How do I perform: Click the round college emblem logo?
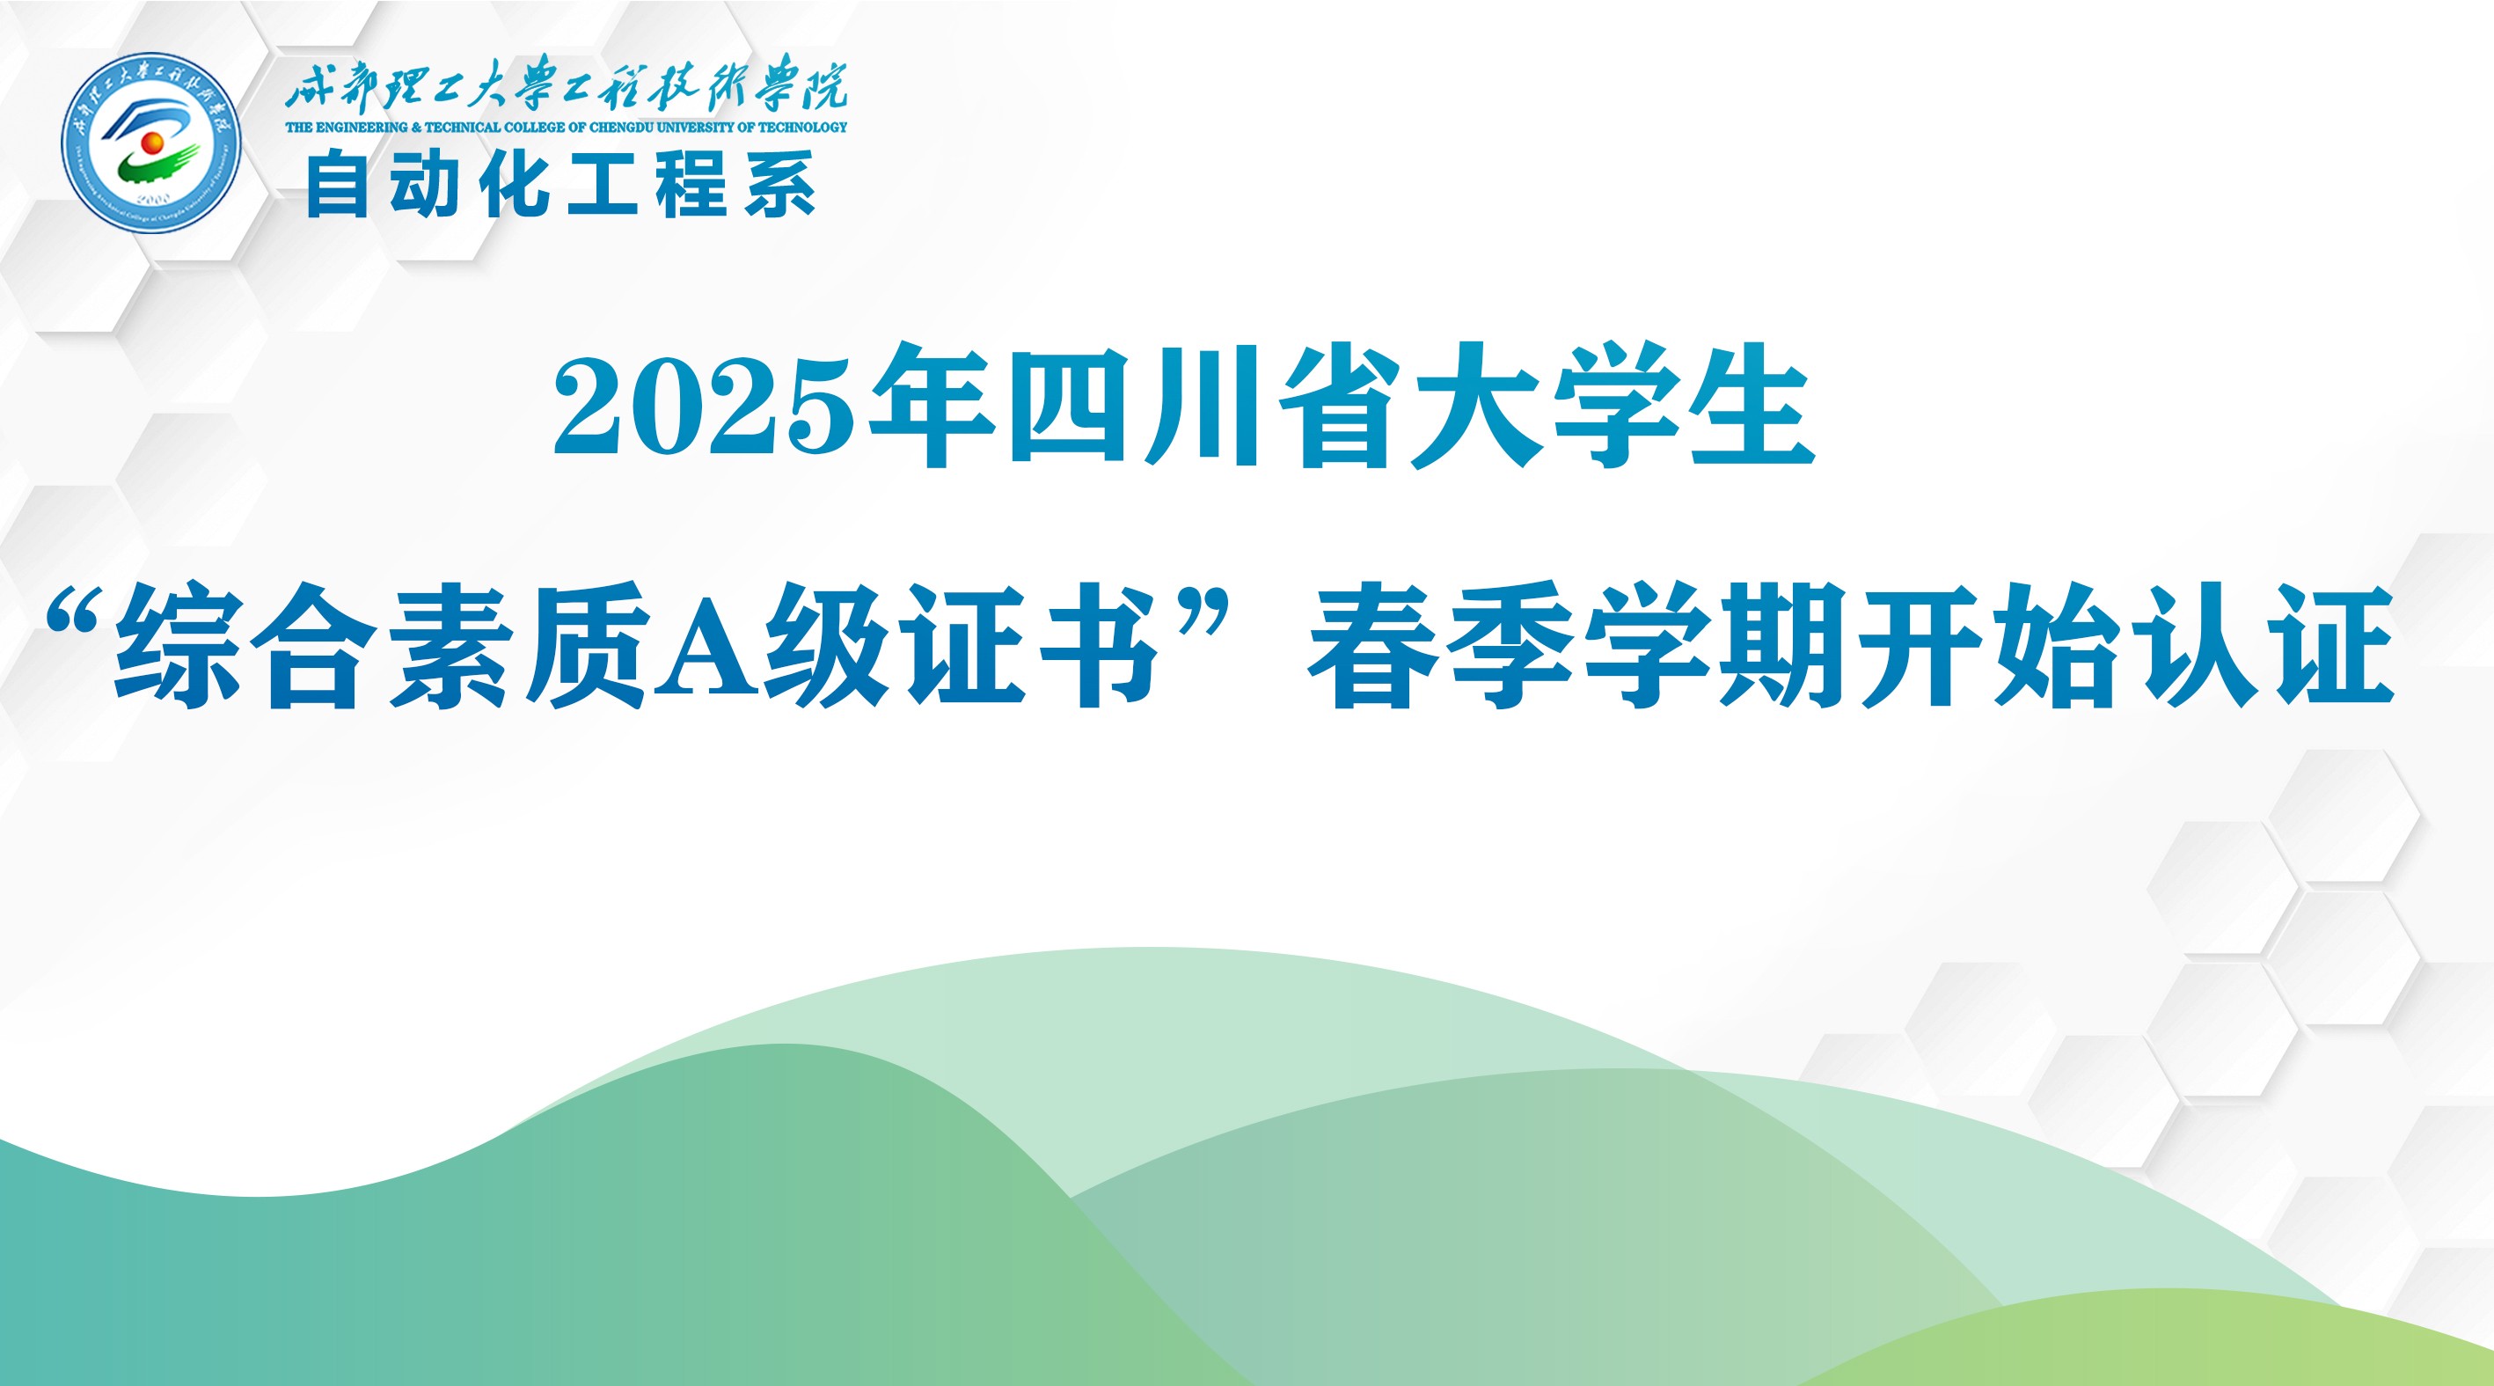[151, 143]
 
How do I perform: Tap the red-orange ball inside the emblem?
[151, 143]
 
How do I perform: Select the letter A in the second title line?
[705, 646]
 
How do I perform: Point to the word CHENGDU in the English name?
[624, 127]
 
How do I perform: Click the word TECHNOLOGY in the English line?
[802, 127]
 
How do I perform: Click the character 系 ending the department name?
[780, 185]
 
